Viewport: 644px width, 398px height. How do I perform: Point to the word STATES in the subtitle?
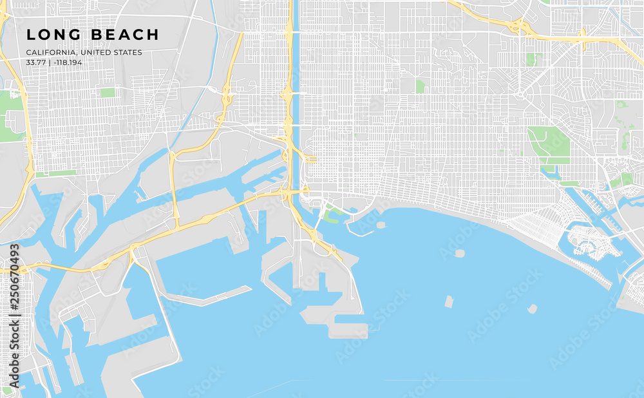126,53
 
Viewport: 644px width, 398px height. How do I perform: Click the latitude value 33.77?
35,62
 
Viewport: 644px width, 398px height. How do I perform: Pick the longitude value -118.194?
70,62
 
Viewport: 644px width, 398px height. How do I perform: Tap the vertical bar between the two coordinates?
50,62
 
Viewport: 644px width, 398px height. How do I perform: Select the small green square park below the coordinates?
108,93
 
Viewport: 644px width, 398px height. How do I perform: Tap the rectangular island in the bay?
449,301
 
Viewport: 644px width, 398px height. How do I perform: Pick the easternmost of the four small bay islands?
532,309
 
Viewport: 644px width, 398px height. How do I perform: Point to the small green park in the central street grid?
420,86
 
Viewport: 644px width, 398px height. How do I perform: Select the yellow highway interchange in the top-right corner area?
519,26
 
